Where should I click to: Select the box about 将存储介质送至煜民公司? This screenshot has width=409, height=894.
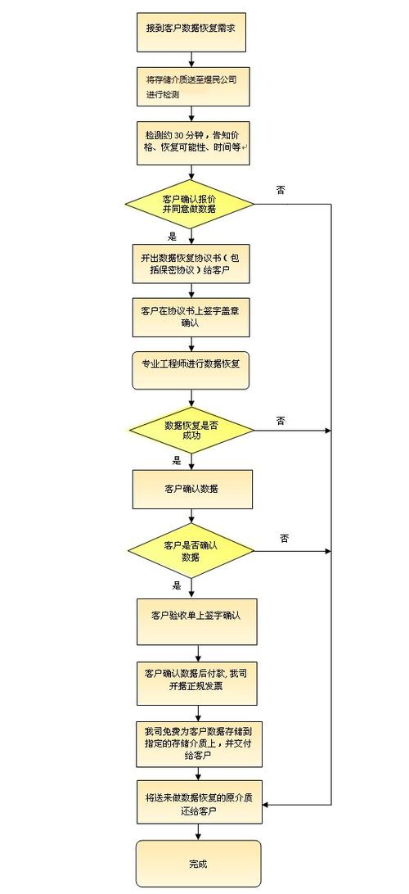tap(193, 87)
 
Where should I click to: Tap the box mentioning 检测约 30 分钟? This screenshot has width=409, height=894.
tap(193, 142)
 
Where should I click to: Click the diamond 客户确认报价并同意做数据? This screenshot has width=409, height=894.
tap(190, 204)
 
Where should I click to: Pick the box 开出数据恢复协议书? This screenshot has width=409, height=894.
tap(191, 264)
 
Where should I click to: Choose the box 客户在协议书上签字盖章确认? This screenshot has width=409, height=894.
tap(191, 317)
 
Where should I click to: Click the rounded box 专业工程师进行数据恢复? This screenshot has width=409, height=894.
tap(191, 371)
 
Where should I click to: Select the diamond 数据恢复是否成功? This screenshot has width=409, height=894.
tap(191, 429)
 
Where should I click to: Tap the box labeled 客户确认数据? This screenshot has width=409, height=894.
tap(192, 490)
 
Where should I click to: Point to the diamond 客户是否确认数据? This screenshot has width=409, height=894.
tap(191, 551)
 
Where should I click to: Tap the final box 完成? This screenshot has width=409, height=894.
tap(198, 863)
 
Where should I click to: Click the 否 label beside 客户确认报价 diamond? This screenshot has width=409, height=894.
tap(281, 189)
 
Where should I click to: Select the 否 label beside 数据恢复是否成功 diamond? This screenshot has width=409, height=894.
tap(281, 421)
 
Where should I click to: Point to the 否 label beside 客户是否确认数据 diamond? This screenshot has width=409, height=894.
tap(284, 538)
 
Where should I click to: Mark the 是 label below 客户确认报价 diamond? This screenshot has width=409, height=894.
tap(172, 235)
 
